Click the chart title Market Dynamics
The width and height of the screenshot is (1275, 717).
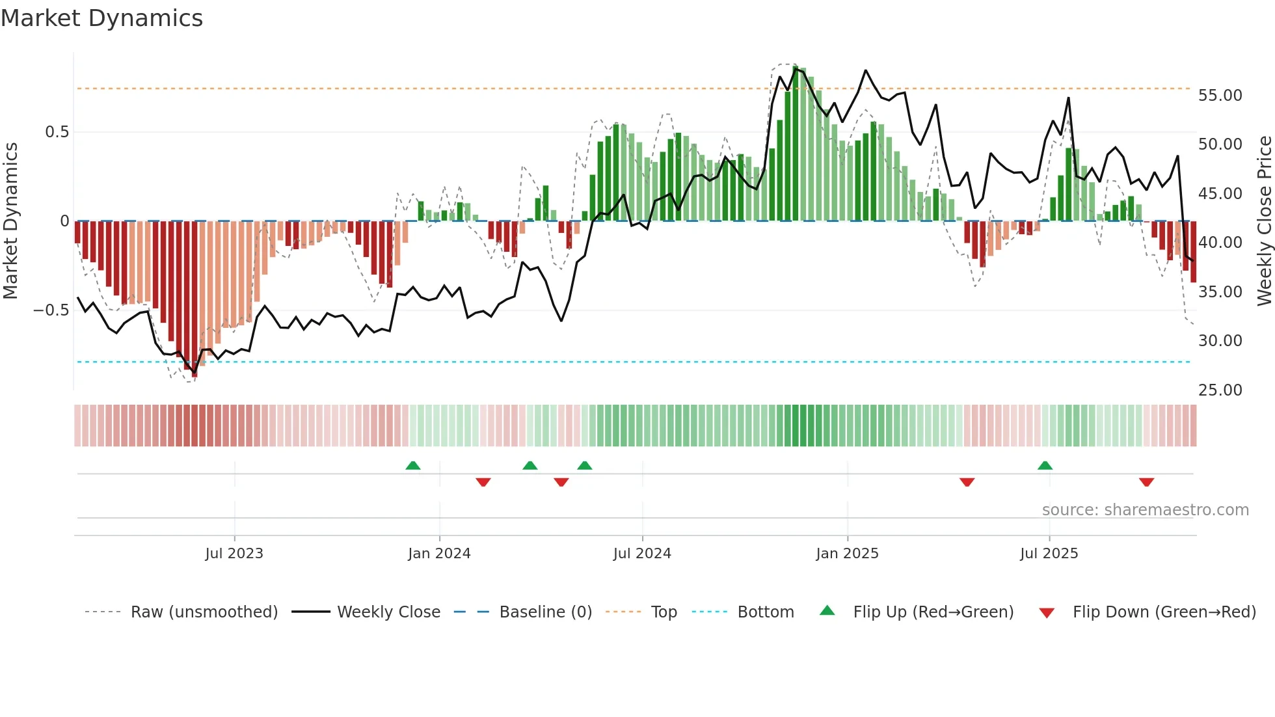[101, 18]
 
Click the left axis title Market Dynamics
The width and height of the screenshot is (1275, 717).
[10, 221]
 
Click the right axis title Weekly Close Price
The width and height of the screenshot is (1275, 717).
[1264, 221]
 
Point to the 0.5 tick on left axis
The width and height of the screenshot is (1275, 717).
[57, 132]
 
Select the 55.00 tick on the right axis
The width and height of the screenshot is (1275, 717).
[1220, 96]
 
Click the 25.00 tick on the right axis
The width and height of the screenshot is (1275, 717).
[1220, 390]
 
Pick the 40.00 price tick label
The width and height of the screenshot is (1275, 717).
[1220, 243]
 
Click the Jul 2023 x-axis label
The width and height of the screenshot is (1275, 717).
[234, 554]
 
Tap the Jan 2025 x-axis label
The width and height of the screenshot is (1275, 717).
[847, 554]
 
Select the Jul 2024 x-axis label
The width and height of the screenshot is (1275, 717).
[642, 554]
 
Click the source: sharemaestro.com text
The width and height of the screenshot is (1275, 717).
[1145, 510]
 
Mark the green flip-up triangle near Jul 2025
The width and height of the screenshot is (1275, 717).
[1045, 465]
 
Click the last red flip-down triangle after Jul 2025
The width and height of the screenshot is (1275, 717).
[1146, 482]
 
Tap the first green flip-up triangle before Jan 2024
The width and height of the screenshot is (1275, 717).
[412, 465]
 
